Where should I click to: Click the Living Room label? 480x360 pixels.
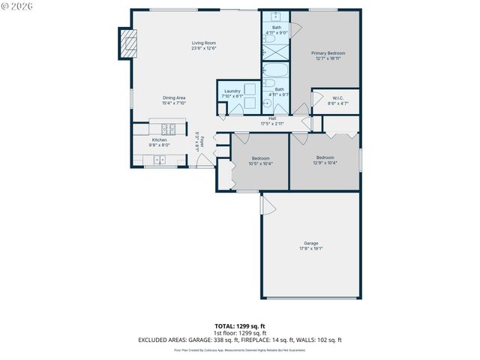tap(203, 43)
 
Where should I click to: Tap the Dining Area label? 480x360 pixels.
tap(174, 97)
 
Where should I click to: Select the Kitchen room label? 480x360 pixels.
tap(159, 139)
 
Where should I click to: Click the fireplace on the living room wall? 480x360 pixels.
tap(127, 43)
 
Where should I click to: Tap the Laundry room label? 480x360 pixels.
tap(232, 91)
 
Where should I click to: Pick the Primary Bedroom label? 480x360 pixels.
tap(328, 53)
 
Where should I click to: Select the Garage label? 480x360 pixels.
tap(310, 243)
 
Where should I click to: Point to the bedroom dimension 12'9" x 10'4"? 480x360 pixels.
tap(325, 163)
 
